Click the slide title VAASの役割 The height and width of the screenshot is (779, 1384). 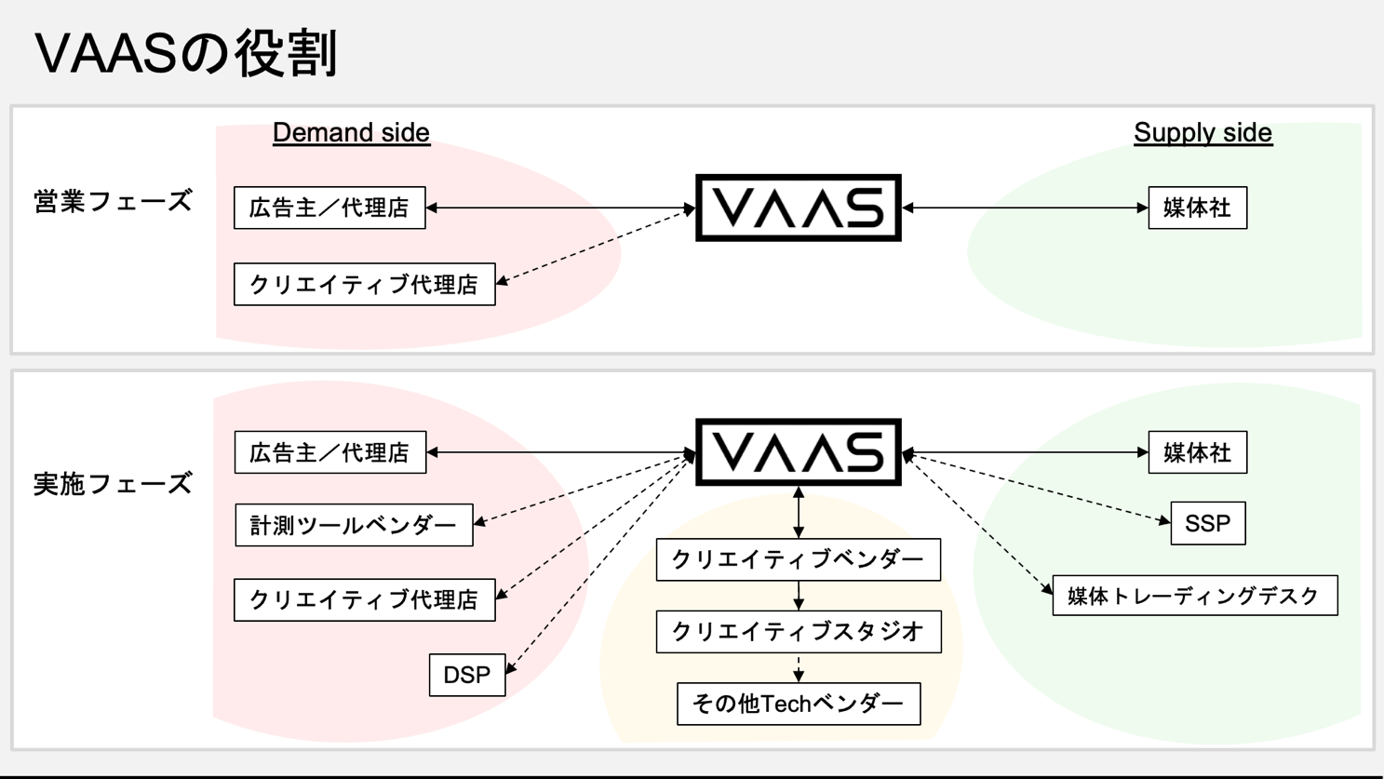point(186,53)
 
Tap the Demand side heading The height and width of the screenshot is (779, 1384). point(351,133)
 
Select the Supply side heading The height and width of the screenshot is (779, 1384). point(1203,133)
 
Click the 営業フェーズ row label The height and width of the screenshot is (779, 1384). point(113,201)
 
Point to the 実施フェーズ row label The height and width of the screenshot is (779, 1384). point(113,484)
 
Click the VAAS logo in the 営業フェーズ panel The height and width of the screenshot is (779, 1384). point(799,208)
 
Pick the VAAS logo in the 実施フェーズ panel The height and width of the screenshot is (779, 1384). point(799,452)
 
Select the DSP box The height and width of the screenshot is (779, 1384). point(467,675)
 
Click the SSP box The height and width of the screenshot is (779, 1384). point(1208,523)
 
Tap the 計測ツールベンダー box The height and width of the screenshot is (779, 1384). point(354,525)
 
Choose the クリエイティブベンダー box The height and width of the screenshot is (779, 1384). point(799,559)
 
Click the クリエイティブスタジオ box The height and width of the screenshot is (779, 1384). point(799,631)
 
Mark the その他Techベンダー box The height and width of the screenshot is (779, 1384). point(799,704)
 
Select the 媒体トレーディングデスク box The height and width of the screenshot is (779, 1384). point(1195,596)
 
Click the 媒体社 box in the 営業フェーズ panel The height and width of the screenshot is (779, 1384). point(1198,208)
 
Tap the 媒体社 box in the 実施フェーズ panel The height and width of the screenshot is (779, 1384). point(1198,452)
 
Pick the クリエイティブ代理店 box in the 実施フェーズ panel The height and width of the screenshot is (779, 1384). point(365,600)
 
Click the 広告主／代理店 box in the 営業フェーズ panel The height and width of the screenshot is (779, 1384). point(329,208)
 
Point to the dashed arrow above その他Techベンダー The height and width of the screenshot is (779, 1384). point(799,668)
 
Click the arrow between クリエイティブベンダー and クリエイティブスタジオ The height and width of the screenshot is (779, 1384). point(799,596)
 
